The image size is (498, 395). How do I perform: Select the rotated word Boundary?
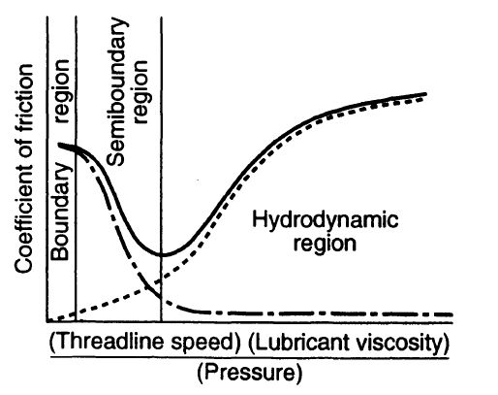[x=61, y=213]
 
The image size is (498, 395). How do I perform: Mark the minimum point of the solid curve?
[x=162, y=255]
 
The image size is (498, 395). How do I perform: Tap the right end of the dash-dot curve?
[x=453, y=314]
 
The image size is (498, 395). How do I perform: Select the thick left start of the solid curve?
[x=60, y=147]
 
